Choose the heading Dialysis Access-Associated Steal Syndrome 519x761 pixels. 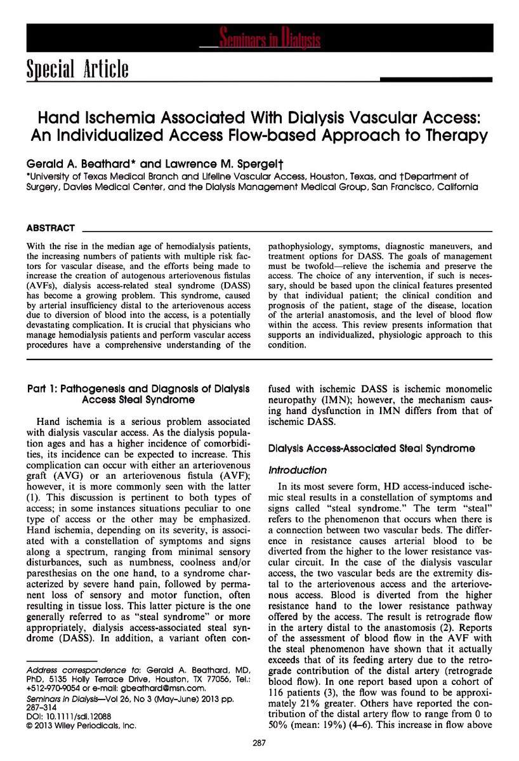coord(371,448)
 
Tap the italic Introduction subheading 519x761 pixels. coord(298,471)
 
